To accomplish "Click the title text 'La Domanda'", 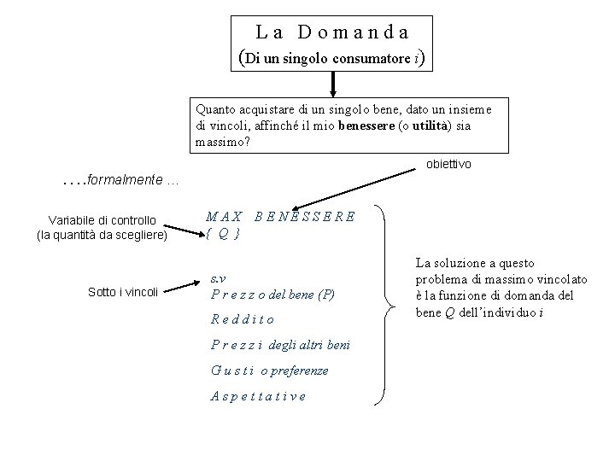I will tap(332, 32).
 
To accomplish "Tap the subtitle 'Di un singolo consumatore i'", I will tap(332, 59).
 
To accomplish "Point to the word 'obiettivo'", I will tap(448, 163).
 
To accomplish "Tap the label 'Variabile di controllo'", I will tap(102, 220).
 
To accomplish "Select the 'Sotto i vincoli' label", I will tap(123, 292).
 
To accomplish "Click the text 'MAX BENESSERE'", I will tap(280, 216).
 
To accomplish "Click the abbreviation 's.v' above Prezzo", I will tap(219, 279).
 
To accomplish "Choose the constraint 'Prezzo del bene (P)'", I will tap(272, 295).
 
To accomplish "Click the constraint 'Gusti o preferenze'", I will tap(269, 371).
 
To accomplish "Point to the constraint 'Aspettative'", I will tap(257, 396).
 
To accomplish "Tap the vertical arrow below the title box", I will tap(332, 85).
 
